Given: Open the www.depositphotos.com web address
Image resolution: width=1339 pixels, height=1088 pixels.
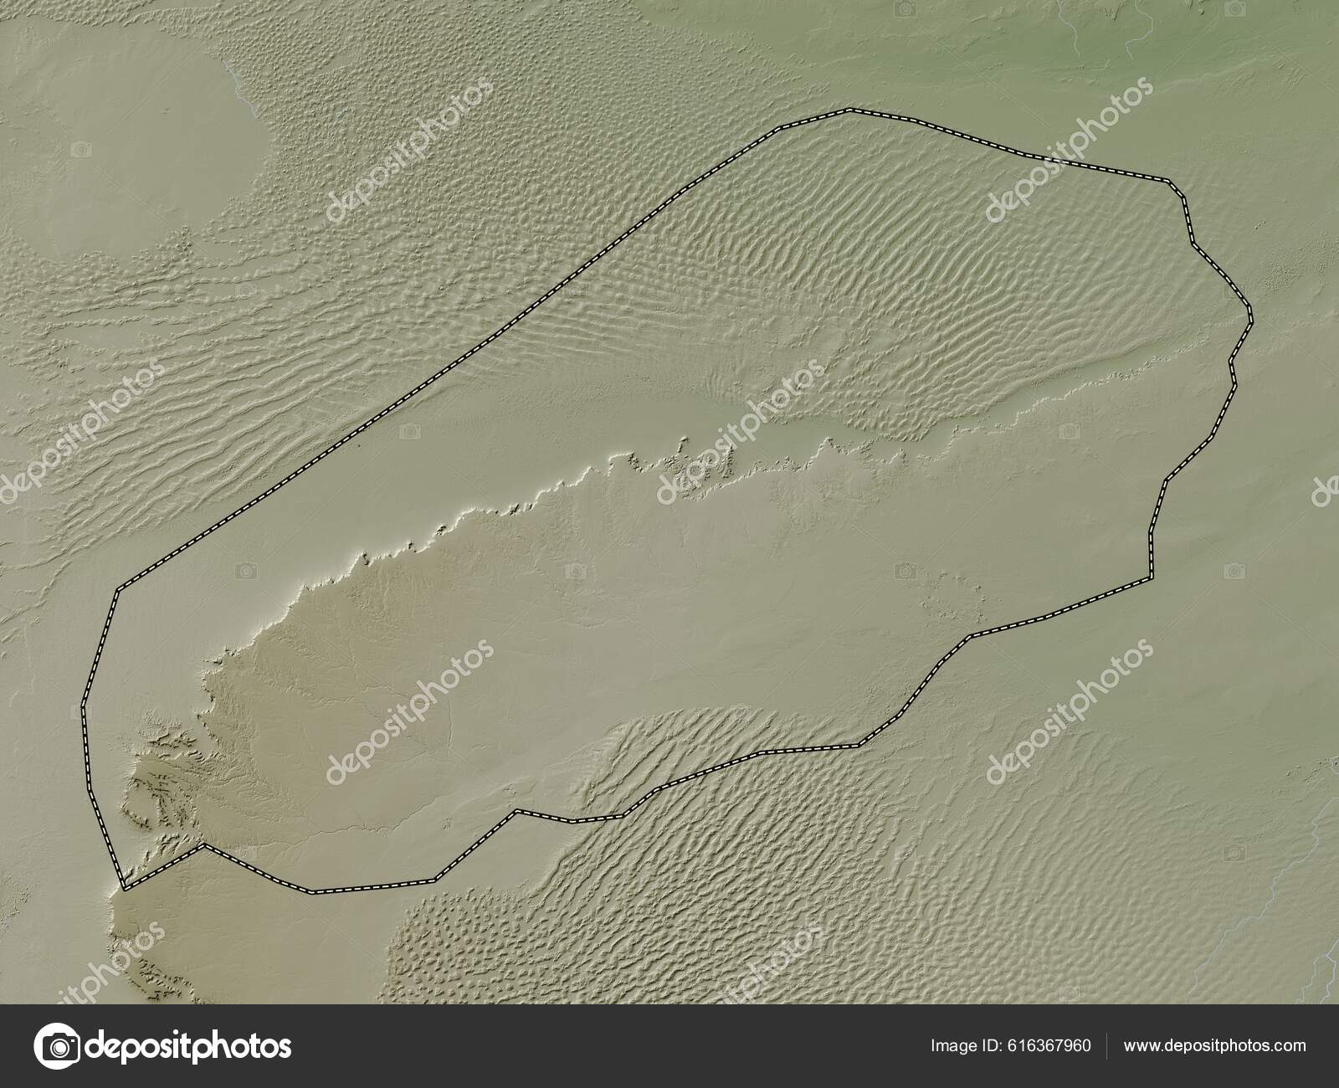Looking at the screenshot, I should [1214, 1045].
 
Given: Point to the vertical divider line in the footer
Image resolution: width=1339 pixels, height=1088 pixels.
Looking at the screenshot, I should [1107, 1045].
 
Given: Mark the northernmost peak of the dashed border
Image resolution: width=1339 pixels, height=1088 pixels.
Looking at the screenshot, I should [849, 110].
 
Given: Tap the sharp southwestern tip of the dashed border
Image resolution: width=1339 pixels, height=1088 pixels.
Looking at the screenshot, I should [124, 889].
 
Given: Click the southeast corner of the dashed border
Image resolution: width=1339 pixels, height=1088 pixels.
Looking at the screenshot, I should [1150, 577].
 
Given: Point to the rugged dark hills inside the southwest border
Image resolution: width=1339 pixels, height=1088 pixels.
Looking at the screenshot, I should [159, 787].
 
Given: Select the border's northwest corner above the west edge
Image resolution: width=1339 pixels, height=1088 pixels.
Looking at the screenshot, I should [117, 589].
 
